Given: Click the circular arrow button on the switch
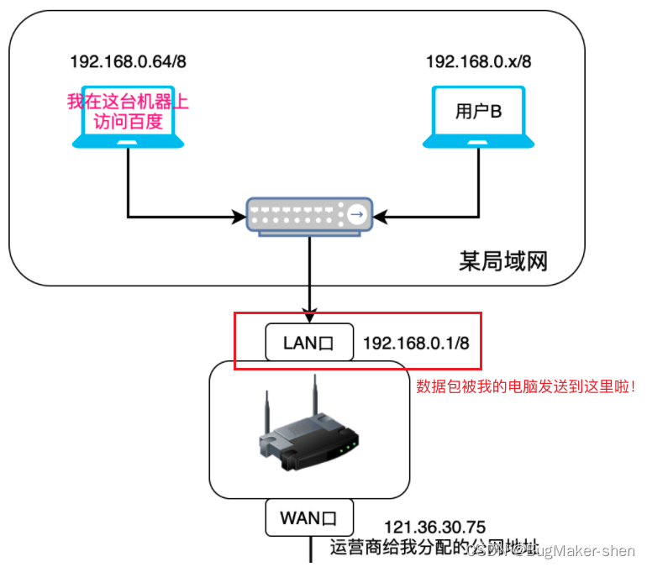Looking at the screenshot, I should pyautogui.click(x=358, y=216).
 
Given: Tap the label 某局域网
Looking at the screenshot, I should pyautogui.click(x=503, y=260).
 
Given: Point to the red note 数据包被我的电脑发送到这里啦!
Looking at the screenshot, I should pyautogui.click(x=527, y=387).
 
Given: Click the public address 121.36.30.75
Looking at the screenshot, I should pyautogui.click(x=440, y=528).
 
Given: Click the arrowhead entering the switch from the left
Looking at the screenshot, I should pyautogui.click(x=239, y=217).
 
